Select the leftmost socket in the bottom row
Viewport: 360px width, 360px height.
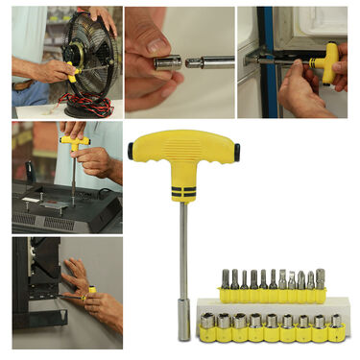(206, 326)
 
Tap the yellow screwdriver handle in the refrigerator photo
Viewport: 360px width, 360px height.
(327, 58)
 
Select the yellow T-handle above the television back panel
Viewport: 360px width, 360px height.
(74, 142)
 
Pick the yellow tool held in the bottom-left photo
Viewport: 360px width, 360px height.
(91, 290)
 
